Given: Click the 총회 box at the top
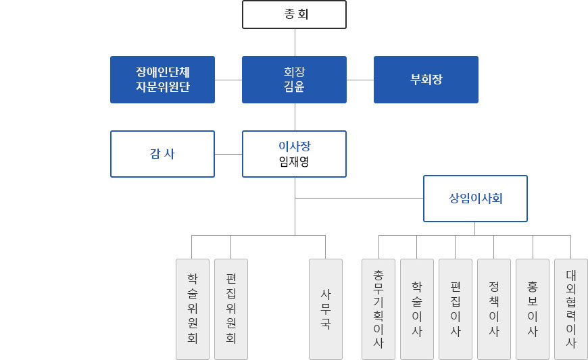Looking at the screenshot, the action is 294,15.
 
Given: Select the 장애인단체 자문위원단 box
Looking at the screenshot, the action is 162,80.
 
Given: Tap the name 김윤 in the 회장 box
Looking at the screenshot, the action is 294,86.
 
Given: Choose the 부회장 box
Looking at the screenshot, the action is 426,80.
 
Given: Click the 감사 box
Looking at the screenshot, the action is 162,154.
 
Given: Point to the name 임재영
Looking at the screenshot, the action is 294,161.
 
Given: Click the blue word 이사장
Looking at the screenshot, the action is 295,146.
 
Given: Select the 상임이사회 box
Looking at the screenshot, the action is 476,199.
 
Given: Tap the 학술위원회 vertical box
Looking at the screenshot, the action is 193,309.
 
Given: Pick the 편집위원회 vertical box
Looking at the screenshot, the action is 231,309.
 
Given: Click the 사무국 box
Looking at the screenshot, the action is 326,309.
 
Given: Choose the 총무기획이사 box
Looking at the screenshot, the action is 378,309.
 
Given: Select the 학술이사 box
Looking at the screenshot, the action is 417,309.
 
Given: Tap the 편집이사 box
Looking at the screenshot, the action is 456,309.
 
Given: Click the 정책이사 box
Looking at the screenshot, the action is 494,309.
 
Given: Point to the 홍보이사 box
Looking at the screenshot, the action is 533,309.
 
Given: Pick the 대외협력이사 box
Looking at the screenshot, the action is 570,309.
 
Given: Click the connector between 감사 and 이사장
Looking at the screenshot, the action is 228,154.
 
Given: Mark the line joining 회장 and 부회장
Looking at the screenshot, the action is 360,80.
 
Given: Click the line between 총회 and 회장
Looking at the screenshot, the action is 295,43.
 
